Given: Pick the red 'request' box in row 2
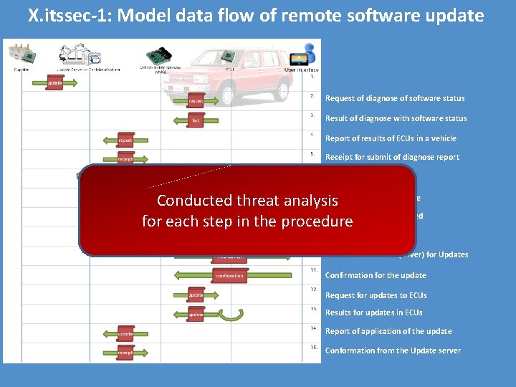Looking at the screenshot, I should [196, 101].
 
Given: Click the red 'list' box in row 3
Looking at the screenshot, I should [196, 120].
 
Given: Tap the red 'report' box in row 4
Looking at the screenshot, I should [125, 140].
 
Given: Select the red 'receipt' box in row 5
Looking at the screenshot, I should [125, 158].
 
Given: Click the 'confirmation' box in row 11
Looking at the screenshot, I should [229, 275].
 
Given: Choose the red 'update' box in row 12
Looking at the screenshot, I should [196, 295].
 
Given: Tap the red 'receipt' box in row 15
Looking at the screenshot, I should [125, 352].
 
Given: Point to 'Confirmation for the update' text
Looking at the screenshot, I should [376, 275].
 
